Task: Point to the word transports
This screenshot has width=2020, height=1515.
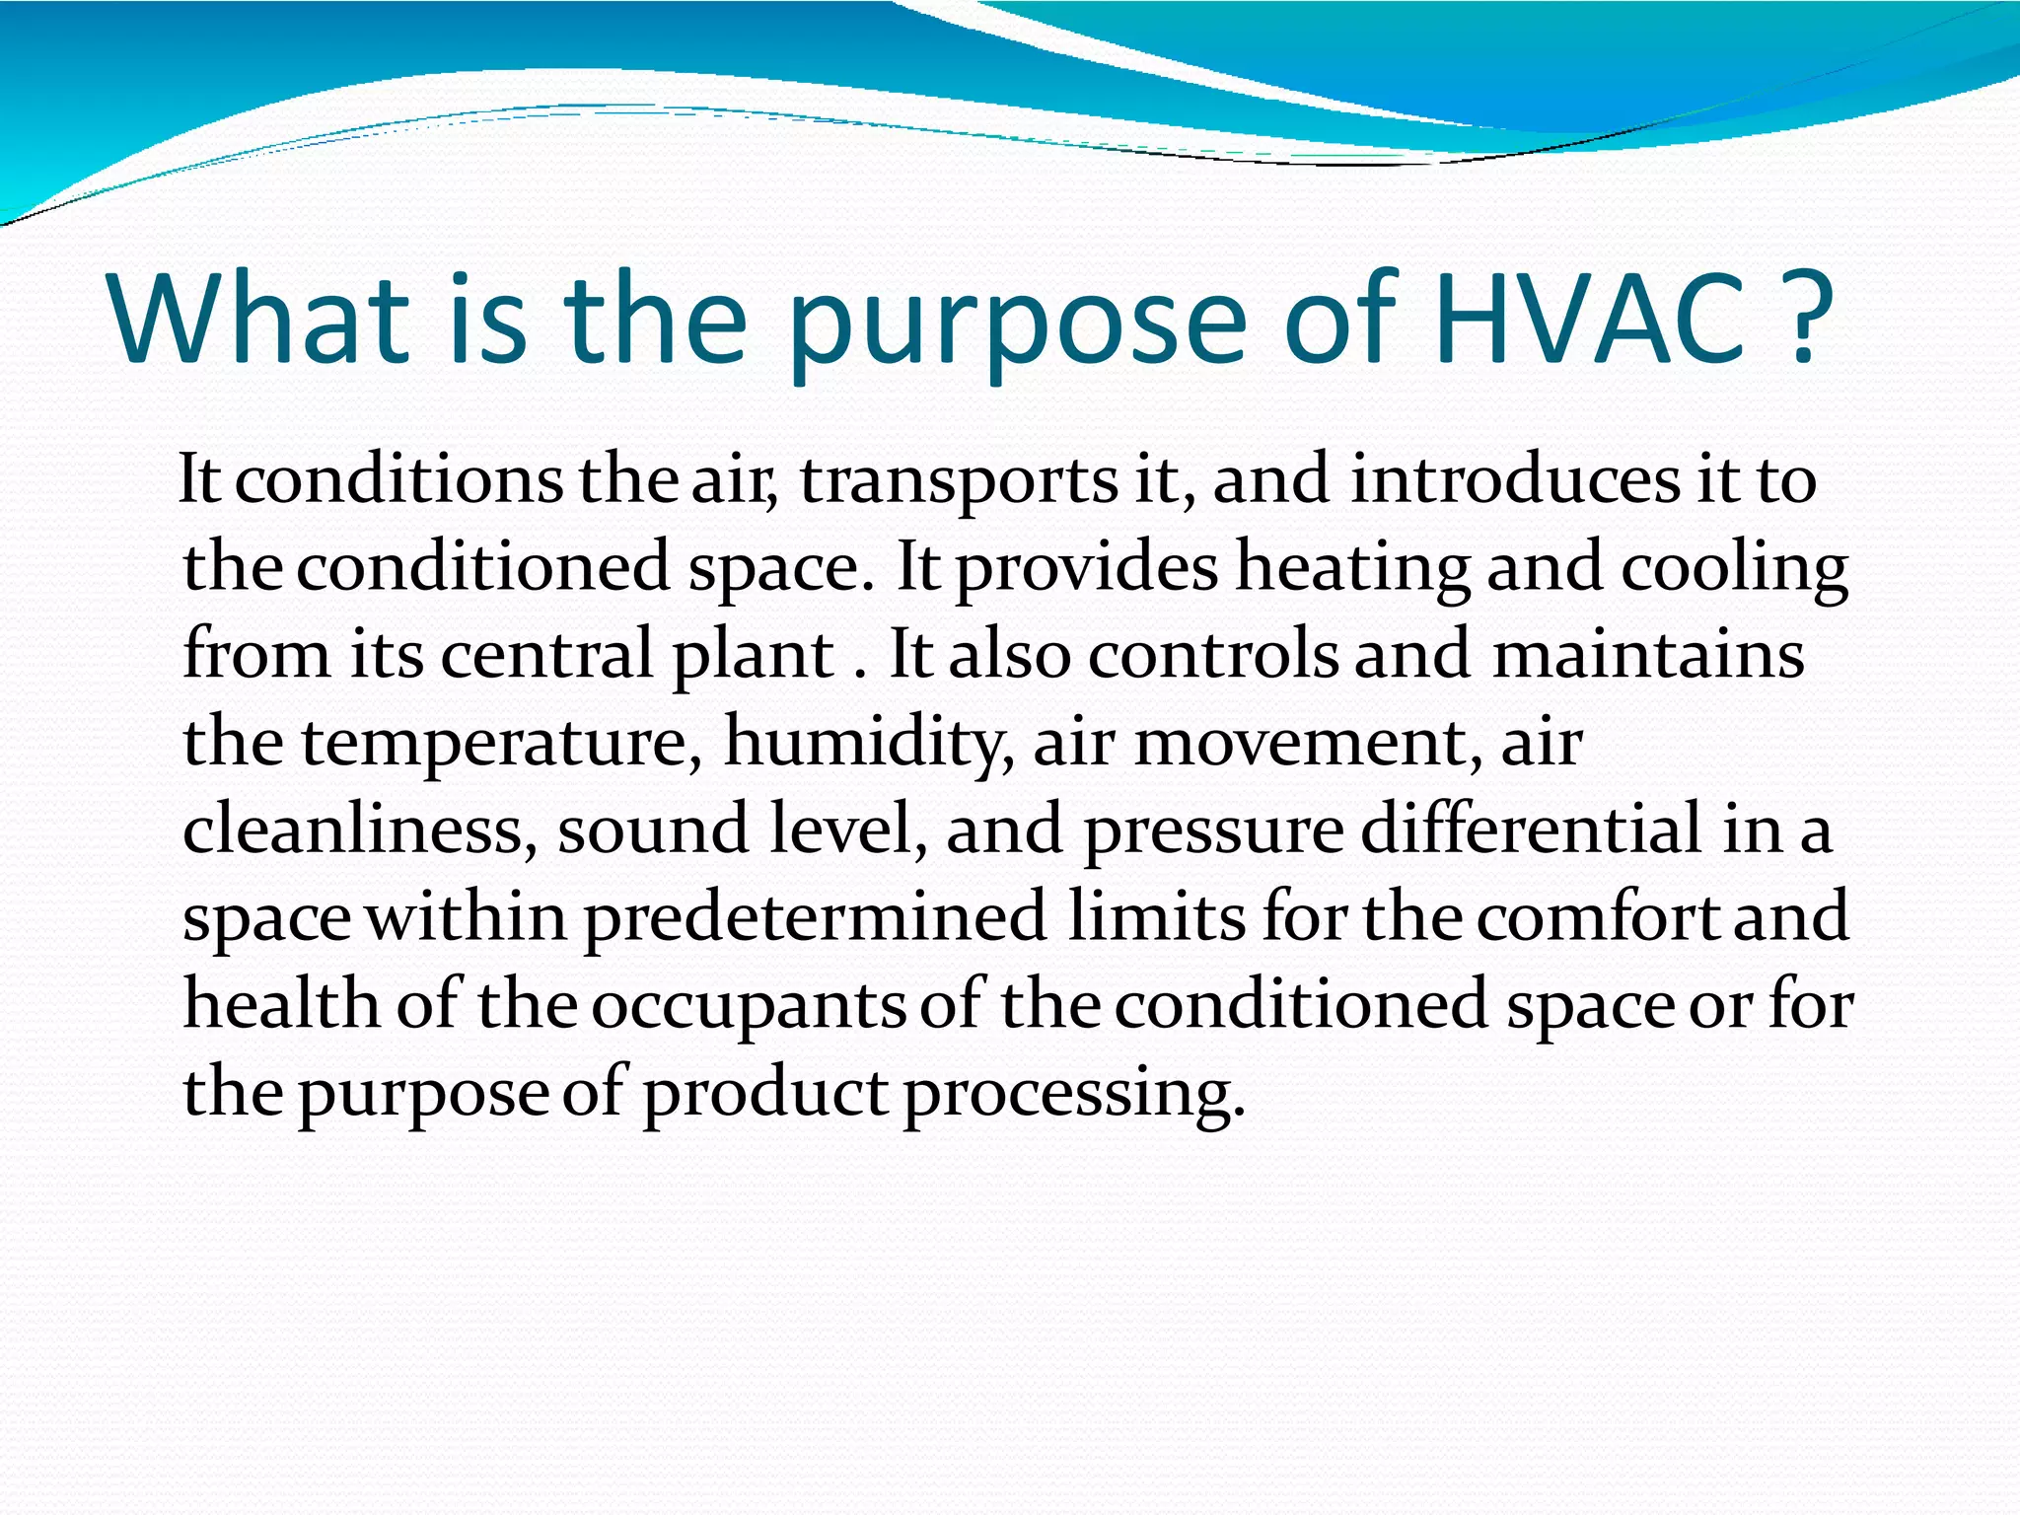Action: (x=959, y=481)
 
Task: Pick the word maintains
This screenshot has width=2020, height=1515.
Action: (x=1648, y=655)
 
